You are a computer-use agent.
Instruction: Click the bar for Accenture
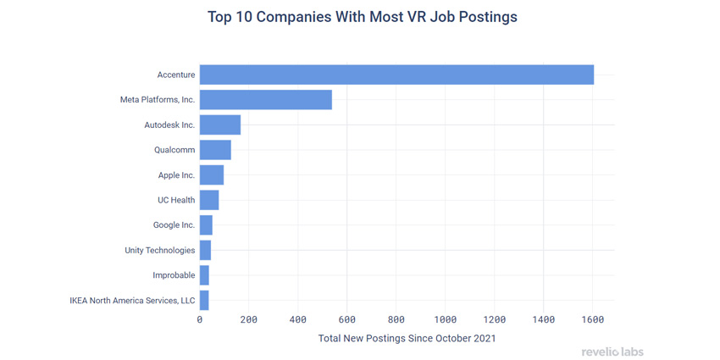point(396,75)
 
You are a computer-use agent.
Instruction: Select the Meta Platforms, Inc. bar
point(265,100)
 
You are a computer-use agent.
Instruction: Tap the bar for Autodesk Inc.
point(219,125)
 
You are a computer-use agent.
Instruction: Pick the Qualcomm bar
point(215,150)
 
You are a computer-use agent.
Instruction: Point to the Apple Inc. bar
point(211,175)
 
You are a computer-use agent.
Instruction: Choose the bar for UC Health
point(208,200)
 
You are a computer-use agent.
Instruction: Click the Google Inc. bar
point(206,225)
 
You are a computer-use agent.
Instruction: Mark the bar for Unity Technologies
point(205,250)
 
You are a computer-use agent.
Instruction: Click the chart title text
point(362,17)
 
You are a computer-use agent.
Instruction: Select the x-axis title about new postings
point(407,338)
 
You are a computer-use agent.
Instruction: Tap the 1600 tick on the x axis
point(592,319)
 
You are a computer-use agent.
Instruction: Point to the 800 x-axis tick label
point(396,319)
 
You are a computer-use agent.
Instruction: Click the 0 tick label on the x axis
point(200,319)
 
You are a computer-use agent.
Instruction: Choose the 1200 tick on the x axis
point(494,319)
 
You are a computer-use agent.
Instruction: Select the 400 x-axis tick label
point(297,319)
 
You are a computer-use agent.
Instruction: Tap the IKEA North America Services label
point(132,300)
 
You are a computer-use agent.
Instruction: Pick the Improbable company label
point(174,275)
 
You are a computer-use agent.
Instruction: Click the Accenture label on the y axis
point(175,75)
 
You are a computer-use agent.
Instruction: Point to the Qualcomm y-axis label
point(174,150)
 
